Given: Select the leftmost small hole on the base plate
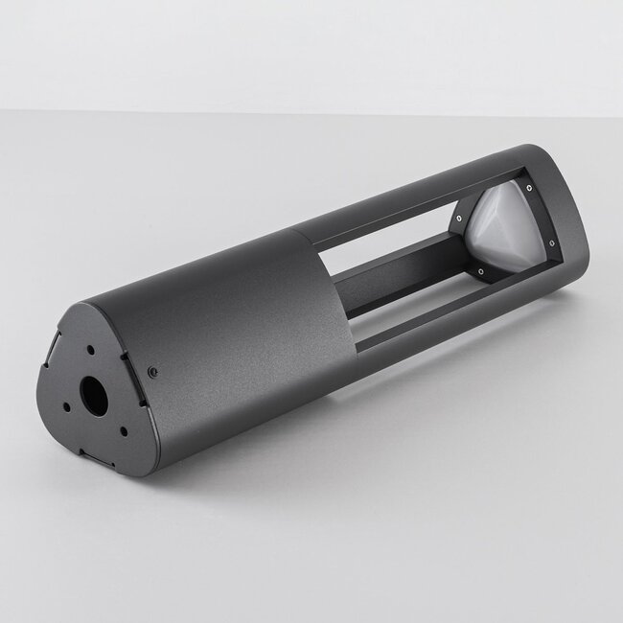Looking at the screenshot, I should click(67, 405).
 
